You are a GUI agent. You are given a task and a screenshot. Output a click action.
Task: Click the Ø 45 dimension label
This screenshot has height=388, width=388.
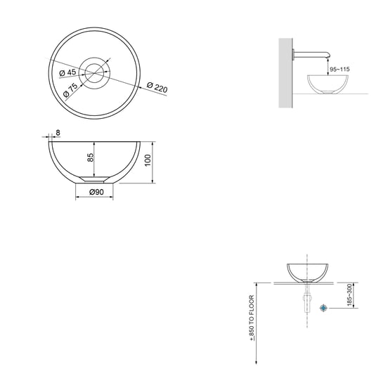pos(67,72)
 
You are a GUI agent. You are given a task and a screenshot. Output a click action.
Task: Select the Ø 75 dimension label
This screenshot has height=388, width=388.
pos(70,90)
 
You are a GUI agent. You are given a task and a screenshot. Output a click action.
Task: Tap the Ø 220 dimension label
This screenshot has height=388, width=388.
pos(157,87)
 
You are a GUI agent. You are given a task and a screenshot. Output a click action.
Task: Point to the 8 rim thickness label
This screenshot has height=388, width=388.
pos(58,133)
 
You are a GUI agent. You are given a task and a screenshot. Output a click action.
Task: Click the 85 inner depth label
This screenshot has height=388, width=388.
pos(91,157)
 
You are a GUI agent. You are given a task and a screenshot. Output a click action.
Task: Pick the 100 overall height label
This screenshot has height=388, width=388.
pos(148,160)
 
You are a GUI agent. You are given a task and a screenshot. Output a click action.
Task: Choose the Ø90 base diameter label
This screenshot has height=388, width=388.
pos(96,192)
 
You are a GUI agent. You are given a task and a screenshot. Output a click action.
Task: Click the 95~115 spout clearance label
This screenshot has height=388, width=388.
pos(339,70)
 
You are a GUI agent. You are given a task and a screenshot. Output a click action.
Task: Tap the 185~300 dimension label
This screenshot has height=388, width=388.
pos(349,295)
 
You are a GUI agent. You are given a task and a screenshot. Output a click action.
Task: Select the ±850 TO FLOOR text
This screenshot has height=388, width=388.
pos(252,318)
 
